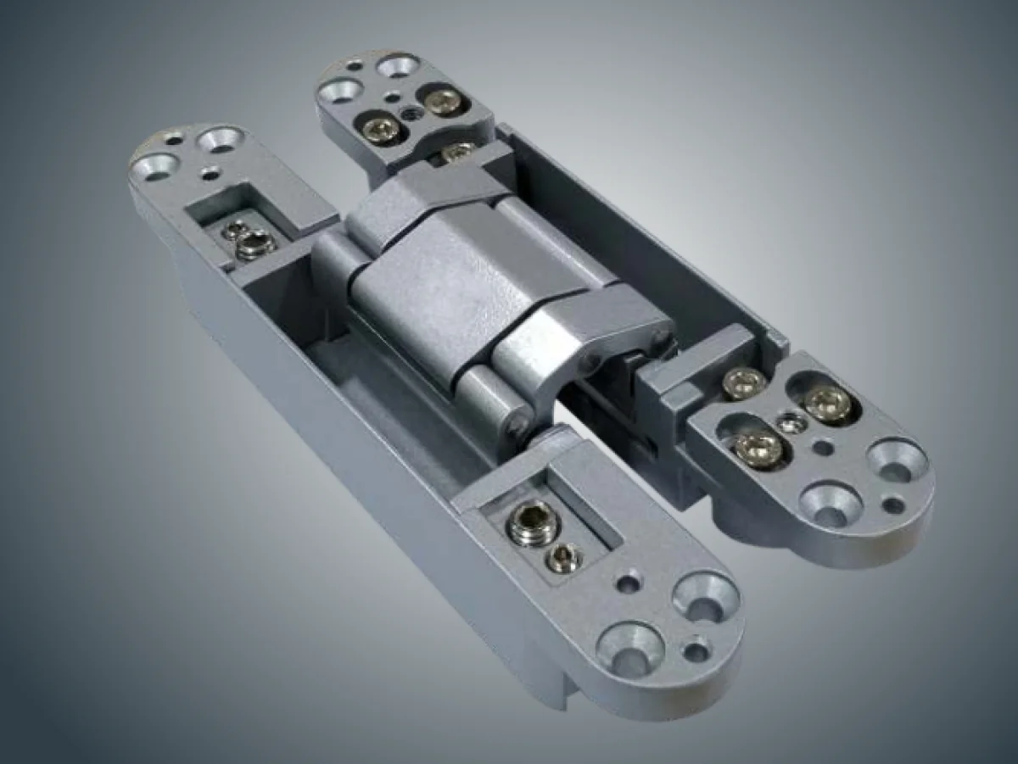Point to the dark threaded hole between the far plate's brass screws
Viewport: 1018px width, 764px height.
[412, 112]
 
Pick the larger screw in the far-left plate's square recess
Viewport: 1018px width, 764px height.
[255, 245]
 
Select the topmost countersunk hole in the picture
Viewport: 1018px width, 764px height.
[396, 65]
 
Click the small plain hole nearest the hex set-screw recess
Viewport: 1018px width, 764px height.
[629, 583]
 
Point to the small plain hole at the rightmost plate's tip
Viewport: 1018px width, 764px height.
[892, 506]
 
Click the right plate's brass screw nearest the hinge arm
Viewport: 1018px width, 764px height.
[745, 383]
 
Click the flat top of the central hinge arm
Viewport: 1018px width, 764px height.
[441, 271]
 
